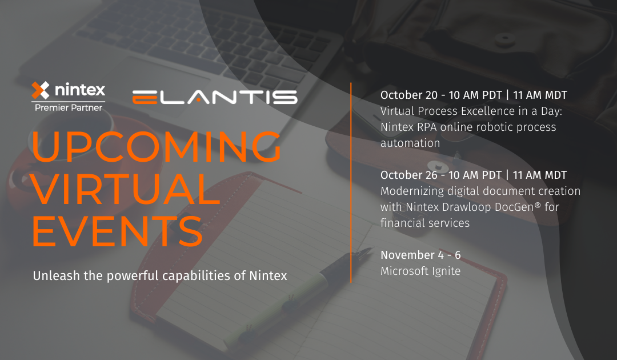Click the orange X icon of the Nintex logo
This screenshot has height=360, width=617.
[41, 90]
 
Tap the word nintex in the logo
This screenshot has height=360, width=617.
[79, 90]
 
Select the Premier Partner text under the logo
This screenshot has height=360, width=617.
[69, 107]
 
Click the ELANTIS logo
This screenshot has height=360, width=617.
[214, 97]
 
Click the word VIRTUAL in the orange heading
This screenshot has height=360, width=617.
[126, 189]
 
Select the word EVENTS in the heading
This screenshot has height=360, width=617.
[117, 231]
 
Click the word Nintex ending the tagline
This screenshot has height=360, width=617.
[268, 276]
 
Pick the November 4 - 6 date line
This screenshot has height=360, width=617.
[420, 255]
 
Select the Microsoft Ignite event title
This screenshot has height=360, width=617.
[420, 271]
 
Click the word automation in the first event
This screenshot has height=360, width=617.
[410, 143]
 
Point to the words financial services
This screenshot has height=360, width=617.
[425, 223]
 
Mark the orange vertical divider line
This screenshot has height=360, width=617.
[351, 183]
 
